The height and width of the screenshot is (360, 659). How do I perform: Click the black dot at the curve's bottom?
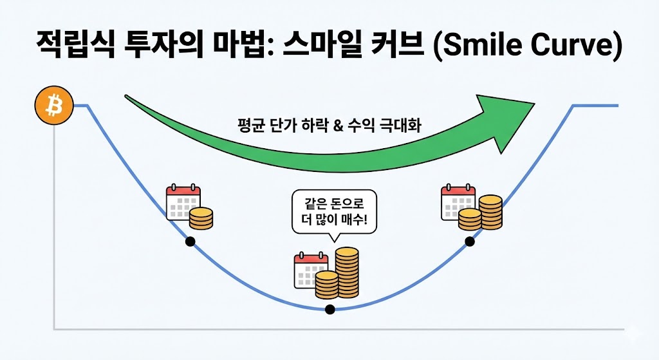pos(330,309)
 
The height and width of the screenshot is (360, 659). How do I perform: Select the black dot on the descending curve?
pos(190,242)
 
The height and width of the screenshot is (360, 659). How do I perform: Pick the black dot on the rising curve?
pos(470,242)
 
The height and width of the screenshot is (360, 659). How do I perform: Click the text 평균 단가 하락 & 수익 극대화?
pos(329,125)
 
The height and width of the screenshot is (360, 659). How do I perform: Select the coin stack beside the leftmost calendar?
pos(201,219)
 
